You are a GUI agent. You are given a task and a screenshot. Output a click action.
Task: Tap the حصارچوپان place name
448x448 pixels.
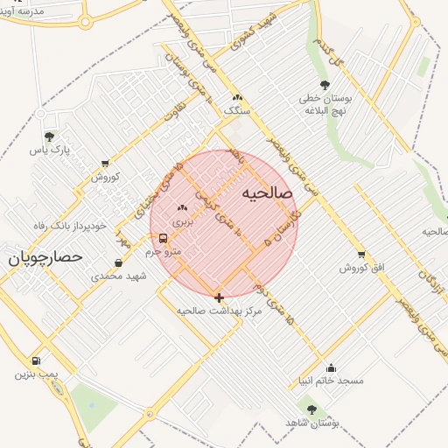pos(45,257)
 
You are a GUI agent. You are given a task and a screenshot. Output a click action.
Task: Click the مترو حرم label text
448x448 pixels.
pos(163,252)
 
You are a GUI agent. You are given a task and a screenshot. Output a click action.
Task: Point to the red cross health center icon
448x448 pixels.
pos(219,297)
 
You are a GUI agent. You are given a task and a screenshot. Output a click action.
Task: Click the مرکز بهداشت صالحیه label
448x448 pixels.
pos(218,311)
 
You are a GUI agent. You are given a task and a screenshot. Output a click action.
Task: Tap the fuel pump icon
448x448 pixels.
pos(36,360)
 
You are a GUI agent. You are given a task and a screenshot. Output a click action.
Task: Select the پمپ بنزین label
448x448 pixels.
pos(36,374)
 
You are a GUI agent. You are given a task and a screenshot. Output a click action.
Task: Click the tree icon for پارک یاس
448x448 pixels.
pos(49,136)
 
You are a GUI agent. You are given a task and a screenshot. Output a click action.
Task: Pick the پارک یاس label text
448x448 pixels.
pos(49,150)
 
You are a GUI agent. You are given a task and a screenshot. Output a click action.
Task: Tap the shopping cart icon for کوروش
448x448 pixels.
pos(106,163)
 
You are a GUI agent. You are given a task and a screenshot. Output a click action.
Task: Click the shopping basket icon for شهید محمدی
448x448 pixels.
pos(119,262)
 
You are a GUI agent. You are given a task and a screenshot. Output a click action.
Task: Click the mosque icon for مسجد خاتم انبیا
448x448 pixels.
pos(331,367)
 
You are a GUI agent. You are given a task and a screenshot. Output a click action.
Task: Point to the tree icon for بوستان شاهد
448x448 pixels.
pos(311,409)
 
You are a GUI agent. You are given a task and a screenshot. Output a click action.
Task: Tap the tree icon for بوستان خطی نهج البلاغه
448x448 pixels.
pos(325,85)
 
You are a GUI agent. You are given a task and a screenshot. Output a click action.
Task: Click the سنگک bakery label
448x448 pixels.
pos(236,111)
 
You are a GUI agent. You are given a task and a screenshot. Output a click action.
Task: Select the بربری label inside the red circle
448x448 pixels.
pos(181,222)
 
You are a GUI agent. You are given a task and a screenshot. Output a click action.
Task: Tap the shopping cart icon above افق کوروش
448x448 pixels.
pos(360,254)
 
